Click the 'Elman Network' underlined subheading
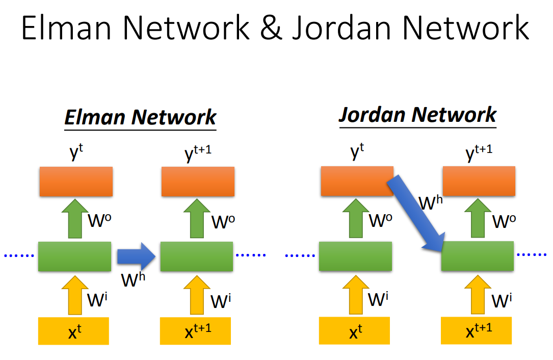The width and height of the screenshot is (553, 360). (x=140, y=117)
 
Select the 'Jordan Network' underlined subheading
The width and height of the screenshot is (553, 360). (x=417, y=114)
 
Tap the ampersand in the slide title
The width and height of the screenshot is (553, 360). (x=271, y=29)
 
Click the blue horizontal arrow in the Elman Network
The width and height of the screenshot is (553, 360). (x=136, y=256)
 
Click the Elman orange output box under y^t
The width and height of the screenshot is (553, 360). (x=76, y=182)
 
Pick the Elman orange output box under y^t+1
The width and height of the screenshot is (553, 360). (x=198, y=182)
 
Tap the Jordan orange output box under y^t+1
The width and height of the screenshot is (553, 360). (x=479, y=182)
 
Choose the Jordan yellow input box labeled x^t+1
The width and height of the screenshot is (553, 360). (x=476, y=330)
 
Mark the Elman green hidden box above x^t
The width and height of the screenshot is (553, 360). (x=74, y=256)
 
